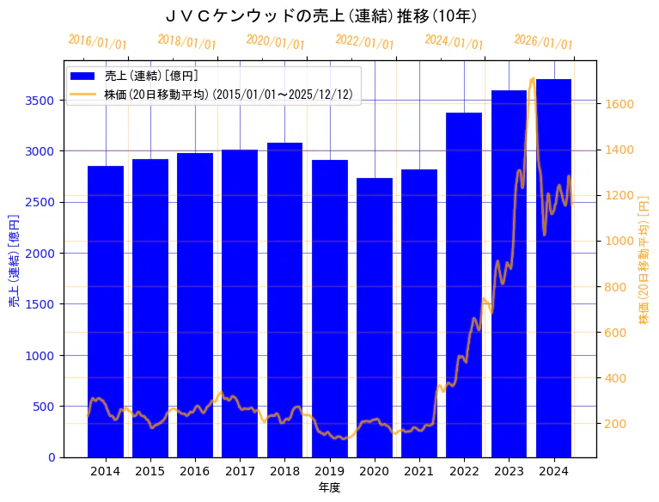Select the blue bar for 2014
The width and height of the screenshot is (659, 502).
pos(106,309)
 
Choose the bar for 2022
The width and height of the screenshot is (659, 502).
pos(464,284)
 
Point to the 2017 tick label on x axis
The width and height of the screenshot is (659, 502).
pos(240,470)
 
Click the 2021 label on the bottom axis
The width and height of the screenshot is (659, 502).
pos(419,470)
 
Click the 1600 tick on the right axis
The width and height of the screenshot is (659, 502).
pos(619,104)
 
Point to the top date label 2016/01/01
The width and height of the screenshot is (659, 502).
pos(97,42)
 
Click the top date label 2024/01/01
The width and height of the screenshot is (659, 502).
pos(454,43)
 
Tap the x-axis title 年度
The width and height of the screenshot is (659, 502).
pos(329,487)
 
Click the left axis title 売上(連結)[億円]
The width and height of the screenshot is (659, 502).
pos(14,260)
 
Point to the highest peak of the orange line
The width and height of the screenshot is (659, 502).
pos(533,79)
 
